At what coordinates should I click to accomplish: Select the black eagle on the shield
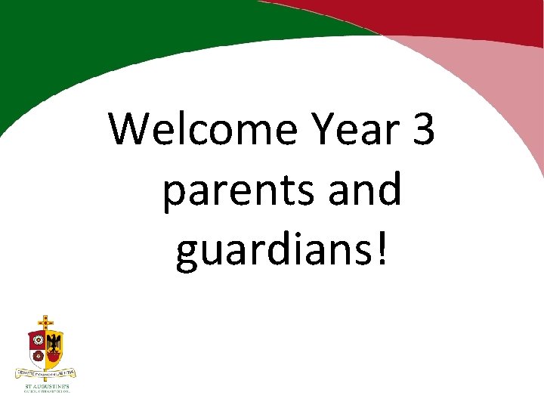54,345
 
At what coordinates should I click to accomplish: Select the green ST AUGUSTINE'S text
46,386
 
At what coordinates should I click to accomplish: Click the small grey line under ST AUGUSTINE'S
46,392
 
